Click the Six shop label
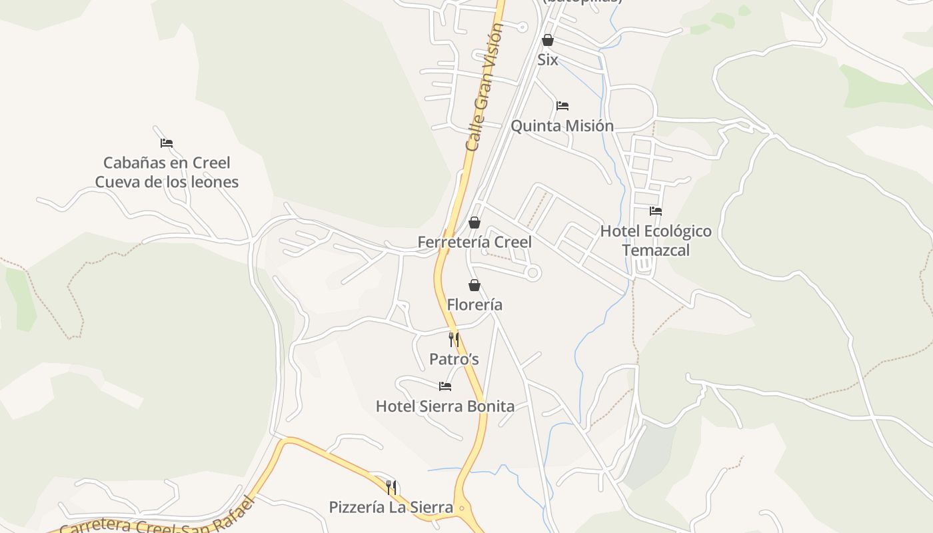[x=548, y=60]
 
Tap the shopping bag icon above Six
[x=548, y=40]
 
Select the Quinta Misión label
[x=562, y=126]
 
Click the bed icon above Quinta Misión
[x=562, y=106]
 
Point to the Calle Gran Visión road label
[x=484, y=87]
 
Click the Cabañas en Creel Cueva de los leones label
[x=167, y=173]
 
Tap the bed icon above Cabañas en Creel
[x=167, y=143]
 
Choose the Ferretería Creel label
[x=474, y=242]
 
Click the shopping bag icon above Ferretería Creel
[x=474, y=223]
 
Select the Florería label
[x=474, y=305]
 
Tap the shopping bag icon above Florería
[x=474, y=286]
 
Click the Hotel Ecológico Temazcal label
[x=656, y=241]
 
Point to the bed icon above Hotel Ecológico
[x=656, y=211]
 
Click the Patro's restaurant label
[x=454, y=360]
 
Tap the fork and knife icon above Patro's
[x=454, y=340]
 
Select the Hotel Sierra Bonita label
[x=445, y=406]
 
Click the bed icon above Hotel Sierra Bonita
[x=445, y=386]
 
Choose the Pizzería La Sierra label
[x=391, y=508]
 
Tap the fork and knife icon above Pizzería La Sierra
[x=391, y=488]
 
